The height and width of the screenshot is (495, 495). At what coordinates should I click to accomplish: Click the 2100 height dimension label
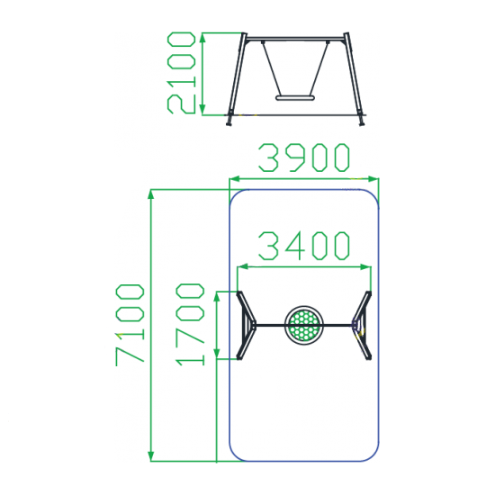point(181,73)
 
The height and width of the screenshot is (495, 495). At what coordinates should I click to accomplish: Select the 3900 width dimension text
point(304,157)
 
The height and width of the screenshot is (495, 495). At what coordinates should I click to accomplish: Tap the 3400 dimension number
point(304,246)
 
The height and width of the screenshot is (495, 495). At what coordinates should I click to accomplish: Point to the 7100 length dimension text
point(130,325)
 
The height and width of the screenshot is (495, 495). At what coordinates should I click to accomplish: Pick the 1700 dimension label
point(191,325)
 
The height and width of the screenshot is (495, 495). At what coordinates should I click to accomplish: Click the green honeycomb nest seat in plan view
point(304,325)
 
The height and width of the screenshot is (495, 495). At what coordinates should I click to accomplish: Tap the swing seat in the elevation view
point(296,98)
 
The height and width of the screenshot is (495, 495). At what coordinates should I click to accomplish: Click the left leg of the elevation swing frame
point(236,79)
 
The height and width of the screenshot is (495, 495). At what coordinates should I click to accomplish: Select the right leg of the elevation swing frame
point(355,79)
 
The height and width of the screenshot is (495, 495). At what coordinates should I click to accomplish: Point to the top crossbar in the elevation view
point(295,39)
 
